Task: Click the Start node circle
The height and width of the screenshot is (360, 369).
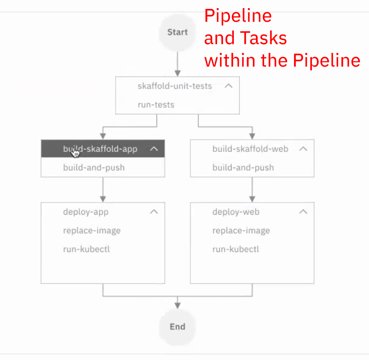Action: [178, 32]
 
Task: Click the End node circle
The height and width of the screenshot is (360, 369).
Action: [178, 327]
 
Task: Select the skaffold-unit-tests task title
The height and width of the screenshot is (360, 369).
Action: [174, 86]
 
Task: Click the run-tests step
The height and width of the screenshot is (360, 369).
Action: [156, 105]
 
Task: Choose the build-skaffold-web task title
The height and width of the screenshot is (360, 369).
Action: [250, 149]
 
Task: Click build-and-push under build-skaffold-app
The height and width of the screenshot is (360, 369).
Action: [94, 168]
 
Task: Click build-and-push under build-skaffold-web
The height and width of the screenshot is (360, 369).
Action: [243, 168]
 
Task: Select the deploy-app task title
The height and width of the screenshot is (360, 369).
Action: [85, 212]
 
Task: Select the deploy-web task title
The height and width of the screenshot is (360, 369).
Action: [236, 212]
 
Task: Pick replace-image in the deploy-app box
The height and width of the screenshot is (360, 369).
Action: [92, 231]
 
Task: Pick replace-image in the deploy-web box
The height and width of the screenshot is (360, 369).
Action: [241, 231]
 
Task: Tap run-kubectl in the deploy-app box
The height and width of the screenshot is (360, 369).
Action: [86, 249]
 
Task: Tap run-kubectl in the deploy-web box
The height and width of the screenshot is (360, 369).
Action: [235, 249]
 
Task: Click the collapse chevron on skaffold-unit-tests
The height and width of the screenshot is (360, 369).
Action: [228, 86]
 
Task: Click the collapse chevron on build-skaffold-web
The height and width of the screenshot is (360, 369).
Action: [303, 149]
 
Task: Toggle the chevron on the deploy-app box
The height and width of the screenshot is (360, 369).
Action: [154, 212]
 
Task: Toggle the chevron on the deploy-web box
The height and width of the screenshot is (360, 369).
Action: [303, 212]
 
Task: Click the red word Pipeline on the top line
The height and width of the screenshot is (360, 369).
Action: [238, 16]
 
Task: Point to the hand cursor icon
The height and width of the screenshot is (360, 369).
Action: [75, 153]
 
